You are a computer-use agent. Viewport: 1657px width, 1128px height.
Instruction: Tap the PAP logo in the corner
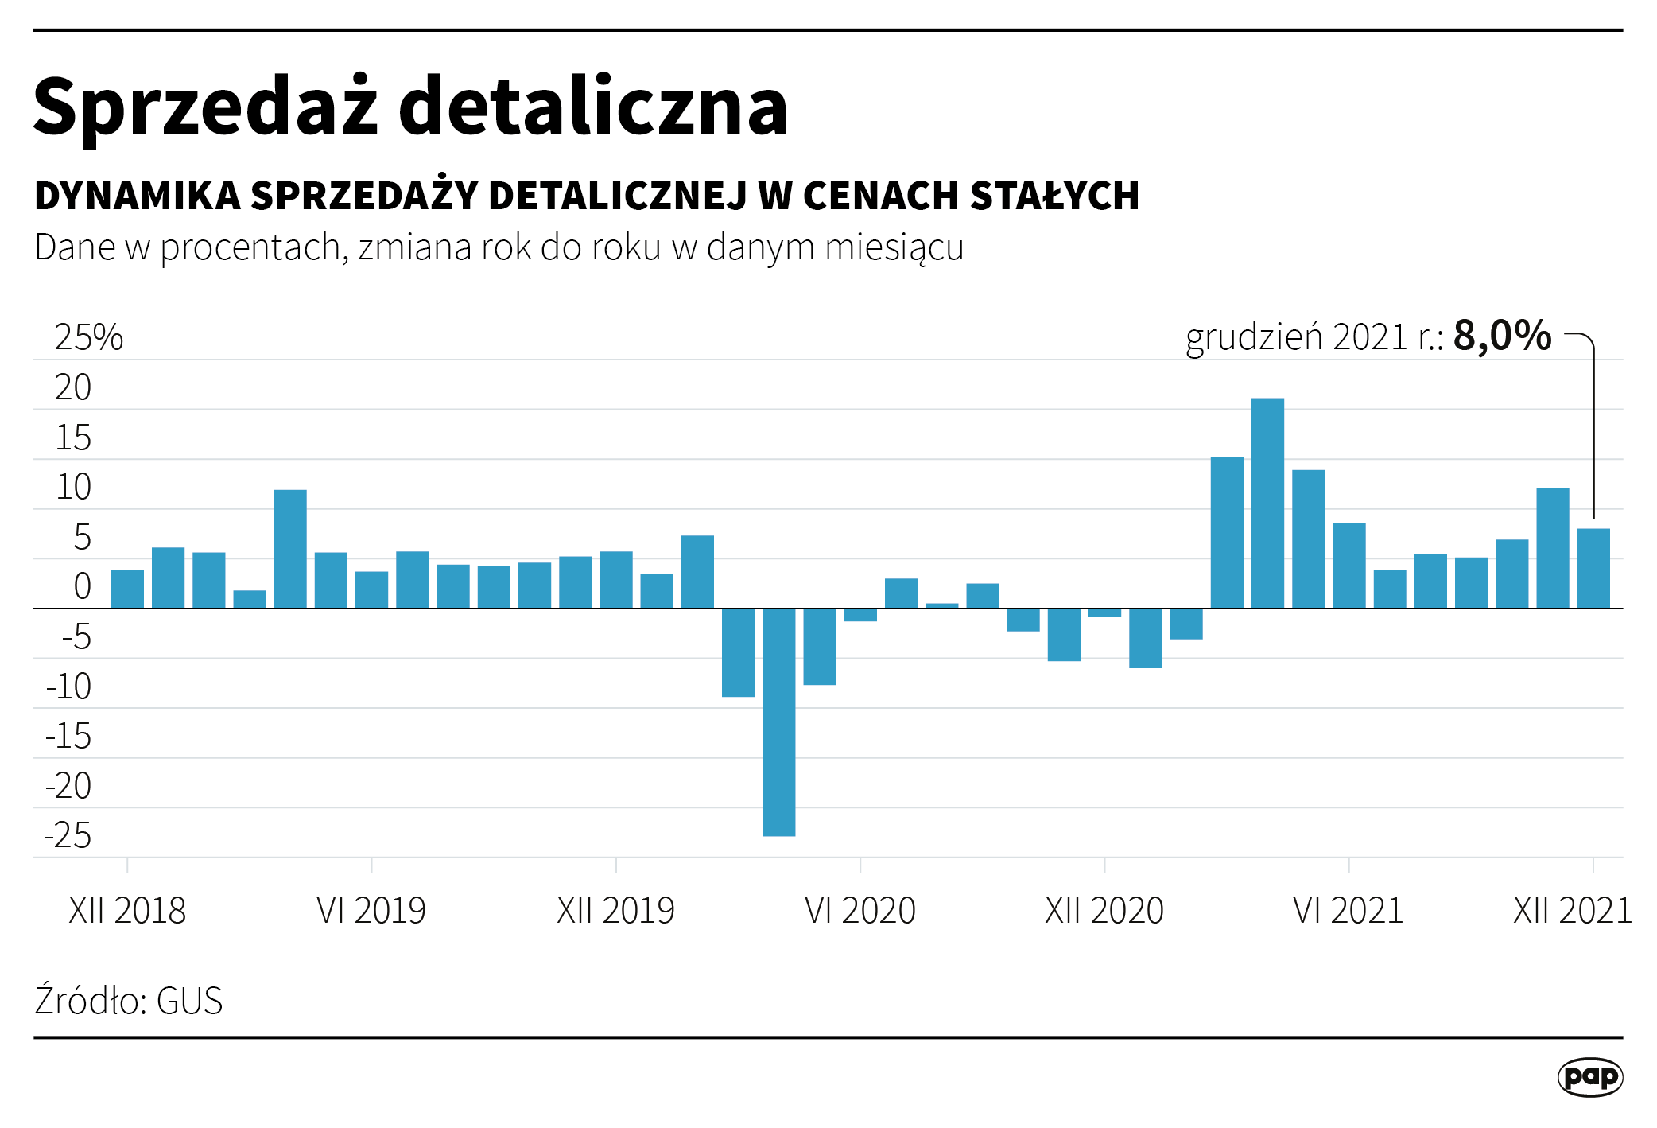1589,1077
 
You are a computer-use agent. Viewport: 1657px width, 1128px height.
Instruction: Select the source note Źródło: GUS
129,1001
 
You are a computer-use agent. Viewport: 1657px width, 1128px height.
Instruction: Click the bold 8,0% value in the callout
1502,336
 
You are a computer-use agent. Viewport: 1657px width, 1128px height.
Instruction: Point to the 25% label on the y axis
88,338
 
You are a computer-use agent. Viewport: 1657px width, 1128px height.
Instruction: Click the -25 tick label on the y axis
68,836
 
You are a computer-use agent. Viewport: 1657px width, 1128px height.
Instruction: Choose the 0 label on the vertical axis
82,587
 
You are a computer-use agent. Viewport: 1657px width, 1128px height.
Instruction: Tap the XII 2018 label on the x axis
127,911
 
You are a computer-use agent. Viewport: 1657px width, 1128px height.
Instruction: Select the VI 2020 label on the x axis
860,911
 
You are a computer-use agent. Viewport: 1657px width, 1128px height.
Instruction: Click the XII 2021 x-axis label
1572,911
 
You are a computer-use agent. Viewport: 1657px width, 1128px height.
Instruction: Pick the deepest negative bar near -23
778,722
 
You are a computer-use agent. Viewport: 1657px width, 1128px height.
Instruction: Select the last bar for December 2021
1593,568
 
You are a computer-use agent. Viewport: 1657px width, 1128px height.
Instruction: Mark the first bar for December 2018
127,589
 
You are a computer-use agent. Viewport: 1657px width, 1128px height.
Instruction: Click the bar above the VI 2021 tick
1349,565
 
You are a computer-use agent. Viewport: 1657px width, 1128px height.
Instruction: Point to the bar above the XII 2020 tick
1104,613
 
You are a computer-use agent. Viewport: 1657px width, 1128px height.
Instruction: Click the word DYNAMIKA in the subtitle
138,196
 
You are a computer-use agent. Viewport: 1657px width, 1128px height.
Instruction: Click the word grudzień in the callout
1254,337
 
